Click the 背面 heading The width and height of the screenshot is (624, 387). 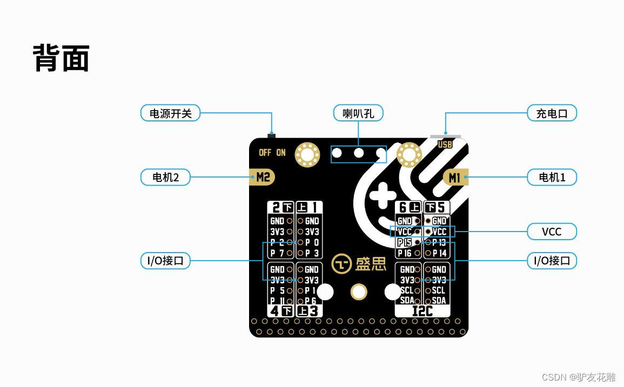(x=61, y=58)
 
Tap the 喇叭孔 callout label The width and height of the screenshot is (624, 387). (x=358, y=113)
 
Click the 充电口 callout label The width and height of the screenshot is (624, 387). (x=552, y=113)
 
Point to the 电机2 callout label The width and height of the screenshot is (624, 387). (x=165, y=177)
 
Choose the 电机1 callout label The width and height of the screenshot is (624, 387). (x=552, y=177)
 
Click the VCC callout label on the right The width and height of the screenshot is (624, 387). (x=552, y=232)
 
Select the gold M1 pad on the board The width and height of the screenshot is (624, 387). (x=455, y=177)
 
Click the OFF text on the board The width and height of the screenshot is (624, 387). (x=265, y=153)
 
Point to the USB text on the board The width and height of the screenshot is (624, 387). (x=445, y=145)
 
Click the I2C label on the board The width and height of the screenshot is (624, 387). (x=422, y=311)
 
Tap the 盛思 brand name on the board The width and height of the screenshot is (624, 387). (x=371, y=264)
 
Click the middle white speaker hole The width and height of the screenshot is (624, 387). (x=359, y=153)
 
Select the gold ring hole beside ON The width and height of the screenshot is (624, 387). (x=307, y=155)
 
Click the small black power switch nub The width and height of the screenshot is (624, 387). (x=271, y=135)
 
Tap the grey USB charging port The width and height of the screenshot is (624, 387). (x=446, y=137)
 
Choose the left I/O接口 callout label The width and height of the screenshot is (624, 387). (x=165, y=261)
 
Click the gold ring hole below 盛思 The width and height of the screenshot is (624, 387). (x=359, y=292)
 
